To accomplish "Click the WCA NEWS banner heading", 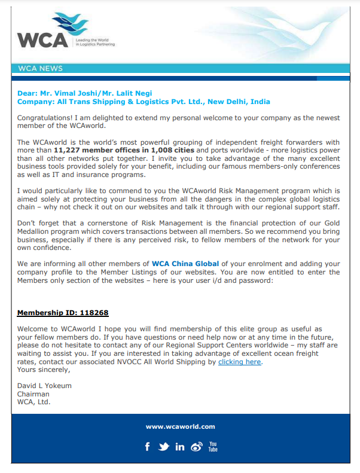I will [x=41, y=69].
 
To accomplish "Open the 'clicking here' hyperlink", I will [x=239, y=362].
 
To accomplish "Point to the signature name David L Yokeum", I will [x=44, y=386].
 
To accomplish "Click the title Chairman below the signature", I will [x=33, y=394].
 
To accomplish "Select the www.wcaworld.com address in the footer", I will [x=180, y=426].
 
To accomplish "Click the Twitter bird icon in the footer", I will [x=164, y=447].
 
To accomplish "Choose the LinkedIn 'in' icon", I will [x=180, y=447].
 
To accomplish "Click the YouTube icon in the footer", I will [x=213, y=446].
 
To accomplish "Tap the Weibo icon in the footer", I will [x=196, y=447].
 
